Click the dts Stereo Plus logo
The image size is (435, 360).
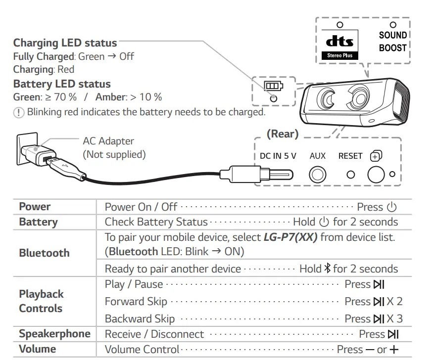point(339,45)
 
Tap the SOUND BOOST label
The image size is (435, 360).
point(392,42)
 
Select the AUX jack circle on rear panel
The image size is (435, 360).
point(318,175)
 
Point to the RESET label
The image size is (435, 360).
point(350,156)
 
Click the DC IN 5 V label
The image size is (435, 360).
point(278,156)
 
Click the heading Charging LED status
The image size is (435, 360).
point(65,43)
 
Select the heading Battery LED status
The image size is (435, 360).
point(62,84)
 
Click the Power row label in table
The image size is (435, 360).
point(35,207)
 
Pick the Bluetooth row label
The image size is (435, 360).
point(44,253)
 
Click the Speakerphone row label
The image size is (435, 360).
point(54,334)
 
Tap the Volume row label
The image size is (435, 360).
point(37,349)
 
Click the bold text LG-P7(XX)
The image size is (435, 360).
point(291,237)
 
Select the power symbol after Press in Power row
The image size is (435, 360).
point(391,207)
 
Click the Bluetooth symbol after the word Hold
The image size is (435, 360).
point(327,269)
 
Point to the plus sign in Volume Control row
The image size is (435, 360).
point(394,350)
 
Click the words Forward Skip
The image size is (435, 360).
point(136,302)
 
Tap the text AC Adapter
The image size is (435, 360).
point(108,141)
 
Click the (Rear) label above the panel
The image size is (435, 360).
point(282,134)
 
